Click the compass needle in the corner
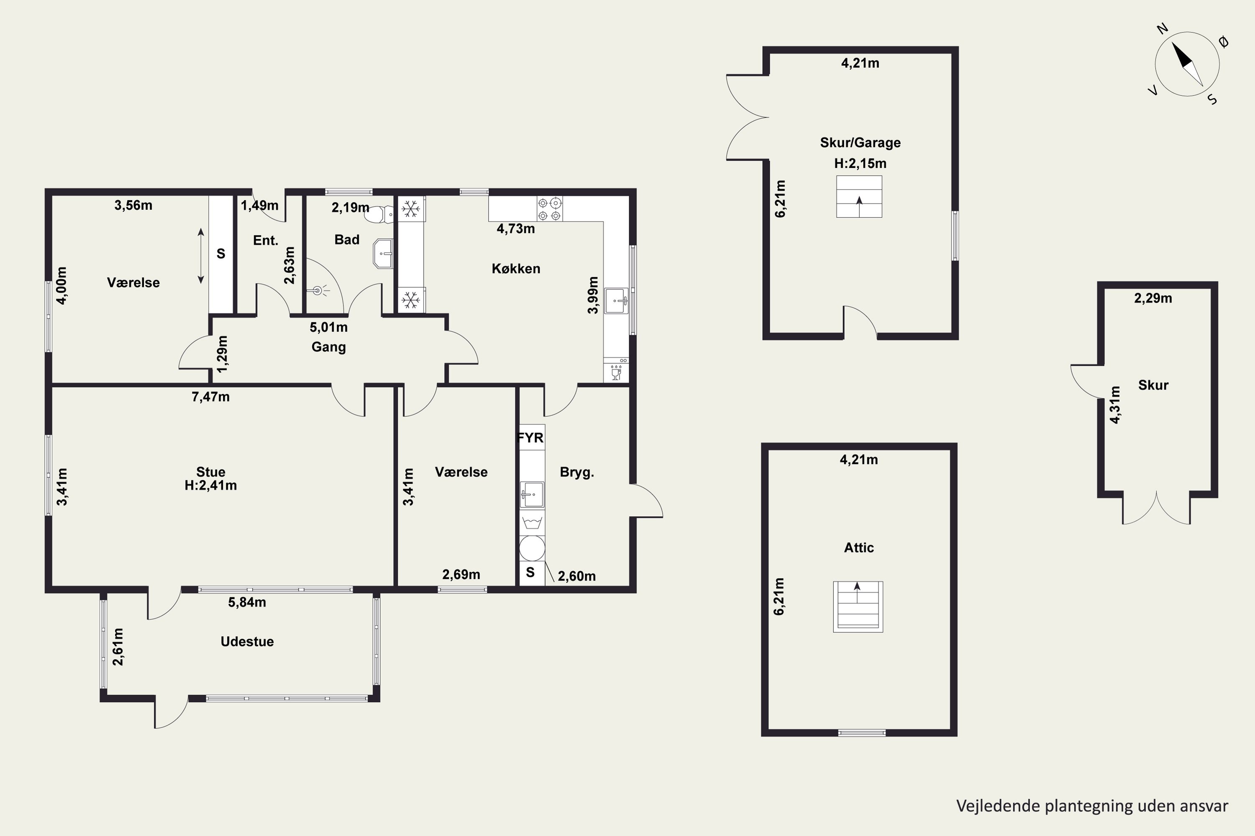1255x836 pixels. pyautogui.click(x=1187, y=64)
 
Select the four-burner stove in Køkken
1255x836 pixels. pyautogui.click(x=550, y=209)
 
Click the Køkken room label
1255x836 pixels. pyautogui.click(x=516, y=269)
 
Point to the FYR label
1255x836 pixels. pyautogui.click(x=530, y=438)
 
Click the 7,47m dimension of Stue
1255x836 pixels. pyautogui.click(x=211, y=397)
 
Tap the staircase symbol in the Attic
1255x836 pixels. pyautogui.click(x=858, y=607)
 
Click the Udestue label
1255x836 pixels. pyautogui.click(x=247, y=641)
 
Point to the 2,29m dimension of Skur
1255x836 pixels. pyautogui.click(x=1153, y=298)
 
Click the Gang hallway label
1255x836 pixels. pyautogui.click(x=329, y=347)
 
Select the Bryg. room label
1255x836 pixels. pyautogui.click(x=577, y=472)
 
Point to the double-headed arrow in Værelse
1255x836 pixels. pyautogui.click(x=201, y=256)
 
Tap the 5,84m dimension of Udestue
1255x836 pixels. pyautogui.click(x=247, y=602)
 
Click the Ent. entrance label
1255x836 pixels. pyautogui.click(x=266, y=240)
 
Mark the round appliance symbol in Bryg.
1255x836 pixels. pyautogui.click(x=532, y=548)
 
